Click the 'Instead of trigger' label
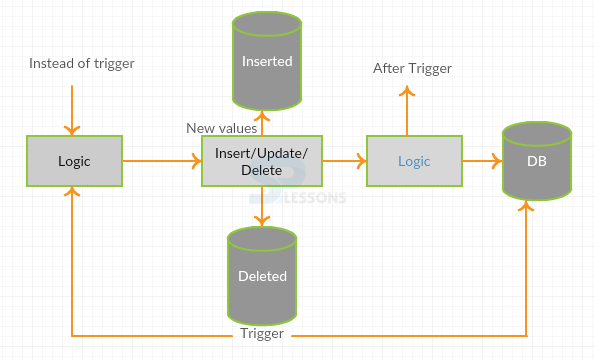point(82,64)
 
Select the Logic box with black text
point(74,160)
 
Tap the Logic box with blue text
point(414,160)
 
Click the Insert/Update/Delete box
point(262,160)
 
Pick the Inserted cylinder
point(267,62)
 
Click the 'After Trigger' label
point(412,68)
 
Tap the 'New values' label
point(222,128)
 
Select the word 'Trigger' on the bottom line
point(263,334)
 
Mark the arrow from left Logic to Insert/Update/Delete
point(160,160)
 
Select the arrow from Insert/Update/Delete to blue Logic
point(344,160)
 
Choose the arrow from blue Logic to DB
point(482,160)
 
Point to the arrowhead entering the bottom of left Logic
point(72,193)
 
